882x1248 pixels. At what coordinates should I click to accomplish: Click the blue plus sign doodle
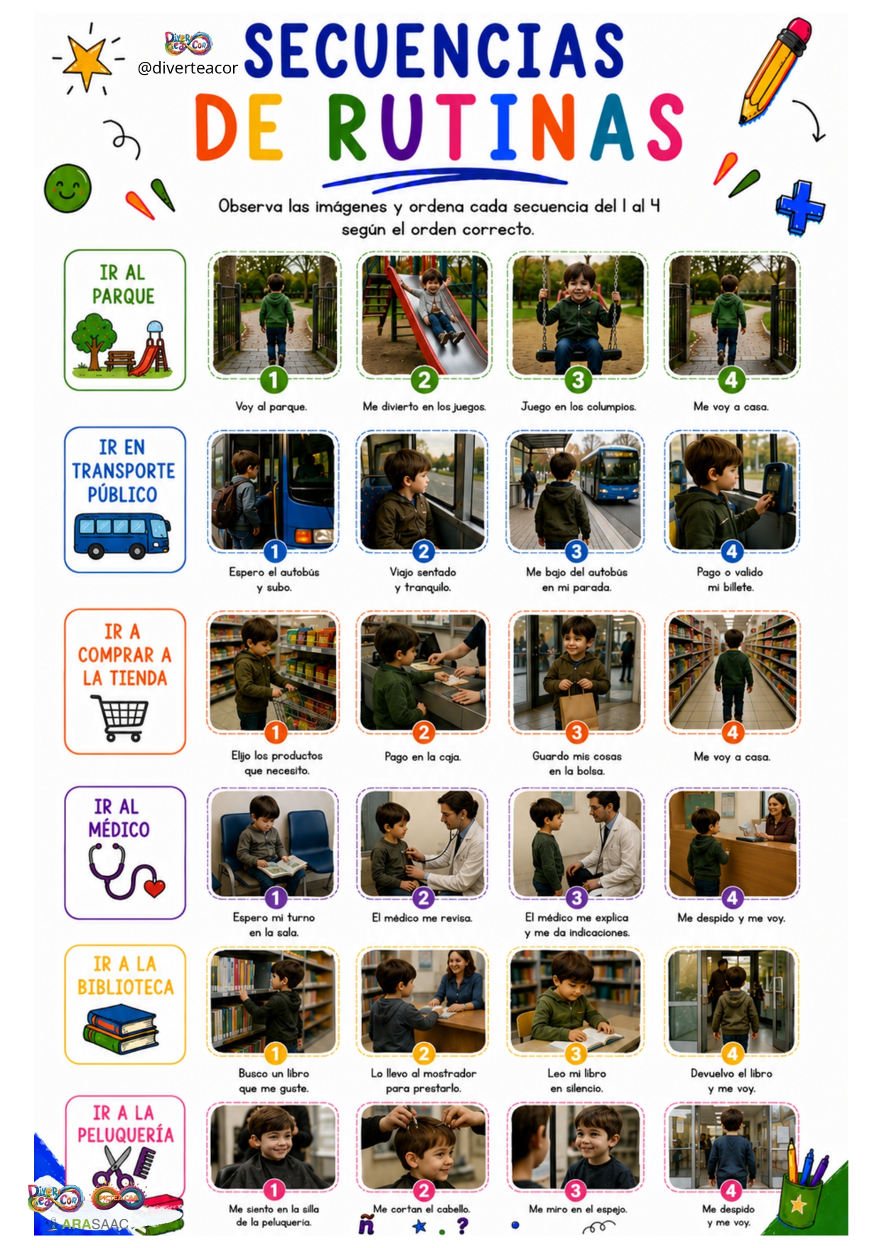point(800,207)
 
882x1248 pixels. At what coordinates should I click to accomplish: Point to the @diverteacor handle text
point(188,68)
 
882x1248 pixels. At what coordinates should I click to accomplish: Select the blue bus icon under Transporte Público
point(122,535)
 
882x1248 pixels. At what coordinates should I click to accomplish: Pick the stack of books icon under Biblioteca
point(122,1028)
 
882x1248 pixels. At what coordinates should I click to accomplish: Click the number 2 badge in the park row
point(424,380)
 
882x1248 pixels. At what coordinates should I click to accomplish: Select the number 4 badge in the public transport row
point(732,551)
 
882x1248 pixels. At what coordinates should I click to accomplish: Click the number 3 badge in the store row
point(576,732)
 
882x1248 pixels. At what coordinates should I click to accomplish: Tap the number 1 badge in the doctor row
point(276,898)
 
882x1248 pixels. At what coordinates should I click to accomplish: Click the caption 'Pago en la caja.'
point(423,757)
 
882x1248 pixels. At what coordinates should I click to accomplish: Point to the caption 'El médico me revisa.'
point(422,918)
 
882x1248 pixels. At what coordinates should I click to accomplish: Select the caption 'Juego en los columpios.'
point(579,407)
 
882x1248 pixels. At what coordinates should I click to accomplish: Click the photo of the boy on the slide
point(424,315)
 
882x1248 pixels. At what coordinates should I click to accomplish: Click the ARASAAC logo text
point(95,1225)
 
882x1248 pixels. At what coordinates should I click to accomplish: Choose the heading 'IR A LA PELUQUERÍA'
point(125,1124)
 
